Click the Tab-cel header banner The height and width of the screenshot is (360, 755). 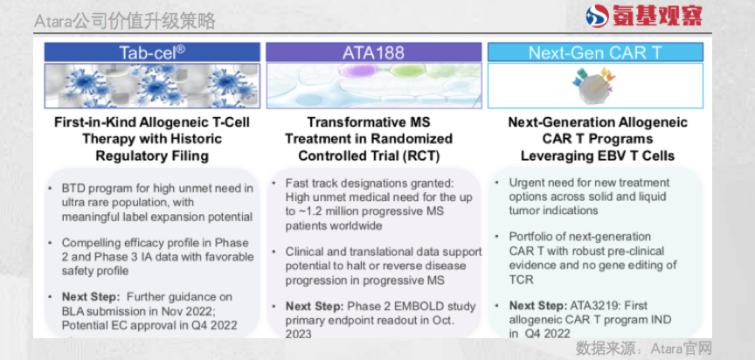(152, 52)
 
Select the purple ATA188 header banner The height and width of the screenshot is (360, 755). (373, 52)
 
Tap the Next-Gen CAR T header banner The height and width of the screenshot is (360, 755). (595, 52)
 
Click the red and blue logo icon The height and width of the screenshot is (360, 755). (597, 16)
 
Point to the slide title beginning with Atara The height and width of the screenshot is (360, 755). (125, 21)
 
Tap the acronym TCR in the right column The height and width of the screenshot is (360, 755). (521, 279)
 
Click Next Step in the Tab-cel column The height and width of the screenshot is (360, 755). (92, 296)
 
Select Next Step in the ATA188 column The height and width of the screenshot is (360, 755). (315, 306)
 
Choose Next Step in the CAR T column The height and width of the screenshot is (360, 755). (539, 305)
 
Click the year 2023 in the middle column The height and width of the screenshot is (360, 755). (299, 334)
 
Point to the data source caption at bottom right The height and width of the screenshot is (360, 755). (644, 348)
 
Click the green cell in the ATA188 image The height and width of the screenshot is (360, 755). (405, 70)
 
